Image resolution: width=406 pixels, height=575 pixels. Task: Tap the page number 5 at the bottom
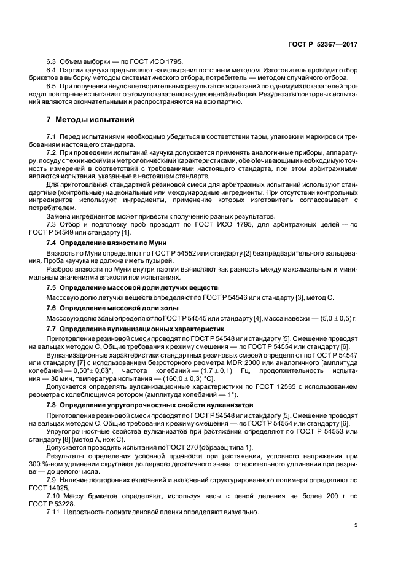(356, 525)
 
